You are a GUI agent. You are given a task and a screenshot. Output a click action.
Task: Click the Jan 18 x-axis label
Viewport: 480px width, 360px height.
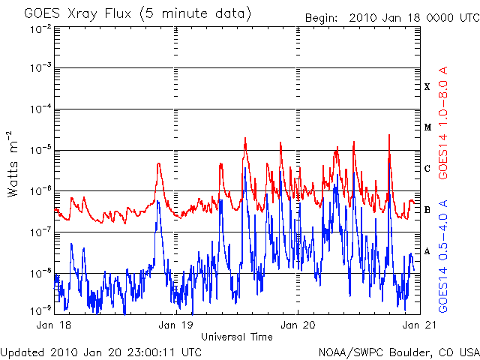[x=55, y=325]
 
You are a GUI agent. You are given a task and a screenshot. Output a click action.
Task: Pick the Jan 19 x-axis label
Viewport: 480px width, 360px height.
[x=177, y=325]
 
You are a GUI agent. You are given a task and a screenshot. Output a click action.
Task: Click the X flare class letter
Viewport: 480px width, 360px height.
[x=427, y=87]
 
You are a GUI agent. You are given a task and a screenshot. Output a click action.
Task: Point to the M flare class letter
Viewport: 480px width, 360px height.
[x=427, y=127]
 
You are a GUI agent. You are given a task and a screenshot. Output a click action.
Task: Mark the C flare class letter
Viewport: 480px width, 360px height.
[x=427, y=169]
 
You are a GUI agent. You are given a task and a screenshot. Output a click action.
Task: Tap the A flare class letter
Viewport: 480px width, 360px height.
[x=427, y=251]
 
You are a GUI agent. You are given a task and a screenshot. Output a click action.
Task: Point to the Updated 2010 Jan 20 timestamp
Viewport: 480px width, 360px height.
[x=101, y=351]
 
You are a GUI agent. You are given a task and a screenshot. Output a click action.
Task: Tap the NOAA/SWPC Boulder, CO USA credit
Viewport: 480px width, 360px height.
[x=398, y=351]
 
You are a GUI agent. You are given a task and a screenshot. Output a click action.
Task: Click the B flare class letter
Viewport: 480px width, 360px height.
[x=427, y=210]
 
